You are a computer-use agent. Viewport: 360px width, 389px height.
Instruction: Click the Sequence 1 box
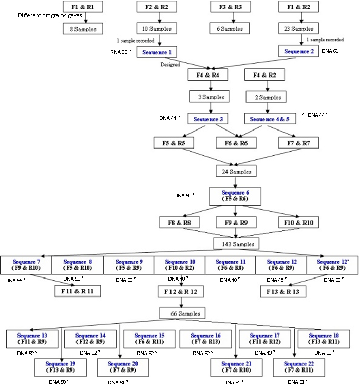pyautogui.click(x=157, y=52)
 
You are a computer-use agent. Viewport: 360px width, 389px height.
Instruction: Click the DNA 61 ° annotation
pyautogui.click(x=331, y=51)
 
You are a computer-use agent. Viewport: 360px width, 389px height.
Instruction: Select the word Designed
pyautogui.click(x=169, y=65)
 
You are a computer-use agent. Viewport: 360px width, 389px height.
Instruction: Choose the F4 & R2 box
pyautogui.click(x=266, y=75)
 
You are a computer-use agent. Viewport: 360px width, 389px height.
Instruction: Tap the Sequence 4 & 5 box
pyautogui.click(x=269, y=119)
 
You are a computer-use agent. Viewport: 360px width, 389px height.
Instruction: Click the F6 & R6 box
pyautogui.click(x=236, y=143)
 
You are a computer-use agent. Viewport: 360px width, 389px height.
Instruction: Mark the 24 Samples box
pyautogui.click(x=235, y=171)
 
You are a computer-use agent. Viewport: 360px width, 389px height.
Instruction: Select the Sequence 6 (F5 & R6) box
pyautogui.click(x=235, y=195)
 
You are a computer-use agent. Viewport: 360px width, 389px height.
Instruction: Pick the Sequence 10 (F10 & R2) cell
pyautogui.click(x=180, y=265)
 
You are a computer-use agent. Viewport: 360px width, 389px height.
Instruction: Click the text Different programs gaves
pyautogui.click(x=50, y=15)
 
